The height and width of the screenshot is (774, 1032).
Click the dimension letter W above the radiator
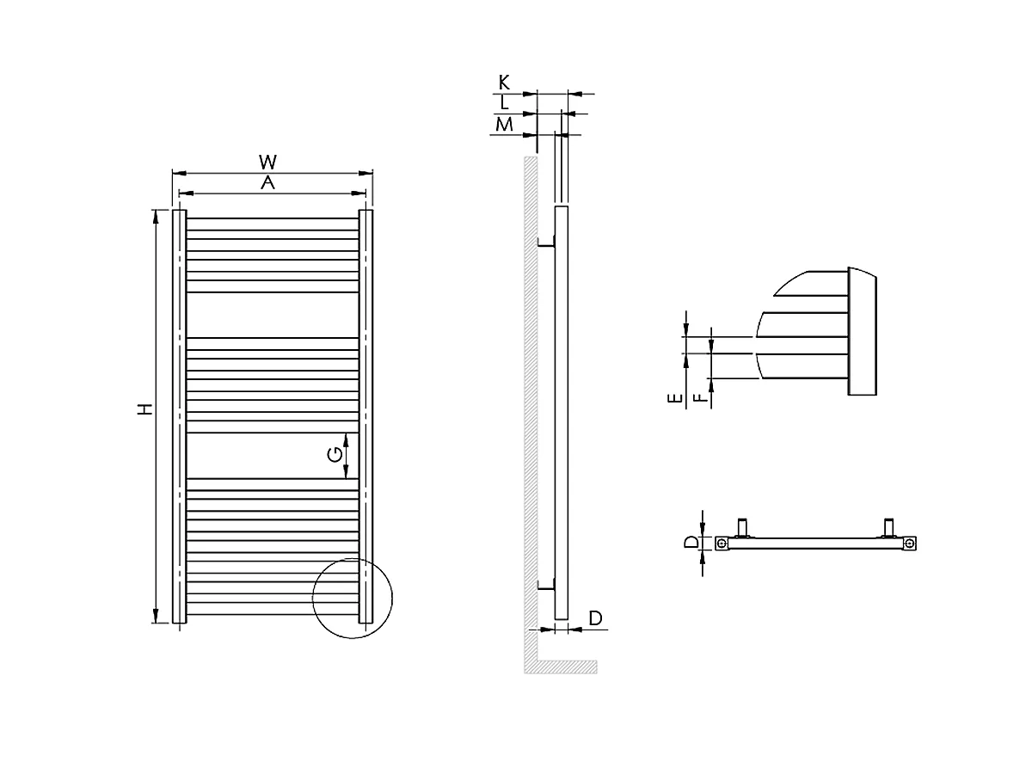pyautogui.click(x=268, y=162)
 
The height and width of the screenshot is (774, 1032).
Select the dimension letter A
pyautogui.click(x=268, y=182)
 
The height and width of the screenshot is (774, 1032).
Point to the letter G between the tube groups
pyautogui.click(x=335, y=455)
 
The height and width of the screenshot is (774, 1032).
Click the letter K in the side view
pyautogui.click(x=505, y=83)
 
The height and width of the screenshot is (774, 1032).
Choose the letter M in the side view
pyautogui.click(x=505, y=125)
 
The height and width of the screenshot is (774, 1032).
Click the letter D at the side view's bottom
pyautogui.click(x=595, y=618)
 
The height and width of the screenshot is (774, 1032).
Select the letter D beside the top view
pyautogui.click(x=690, y=543)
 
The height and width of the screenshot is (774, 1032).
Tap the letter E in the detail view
pyautogui.click(x=676, y=398)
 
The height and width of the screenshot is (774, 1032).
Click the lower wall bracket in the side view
pyautogui.click(x=545, y=586)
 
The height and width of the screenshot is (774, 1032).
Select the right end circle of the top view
pyautogui.click(x=909, y=544)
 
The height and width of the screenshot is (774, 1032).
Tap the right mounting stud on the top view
pyautogui.click(x=888, y=526)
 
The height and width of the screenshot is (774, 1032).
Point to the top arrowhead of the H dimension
pyautogui.click(x=156, y=217)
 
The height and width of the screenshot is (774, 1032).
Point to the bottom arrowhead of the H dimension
pyautogui.click(x=156, y=615)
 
